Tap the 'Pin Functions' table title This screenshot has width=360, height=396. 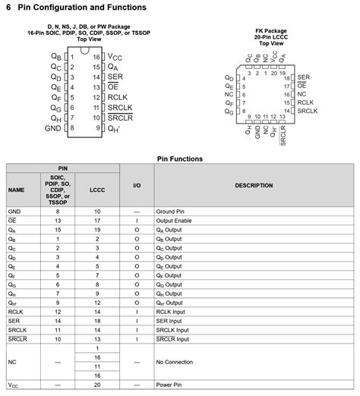180,159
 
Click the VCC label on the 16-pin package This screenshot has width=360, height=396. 115,56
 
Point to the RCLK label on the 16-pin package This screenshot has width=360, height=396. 118,97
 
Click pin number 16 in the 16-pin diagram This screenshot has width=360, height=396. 97,56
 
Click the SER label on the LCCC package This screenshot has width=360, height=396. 304,77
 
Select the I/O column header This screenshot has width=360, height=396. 137,185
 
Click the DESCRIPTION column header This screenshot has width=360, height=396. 254,185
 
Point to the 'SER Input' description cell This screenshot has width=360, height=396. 169,320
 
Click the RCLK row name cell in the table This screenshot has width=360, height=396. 16,311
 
